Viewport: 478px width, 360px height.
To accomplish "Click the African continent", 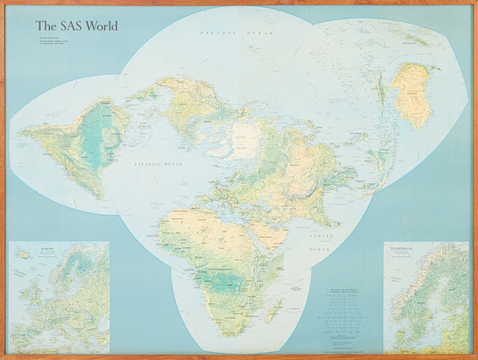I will [x=214, y=247].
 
